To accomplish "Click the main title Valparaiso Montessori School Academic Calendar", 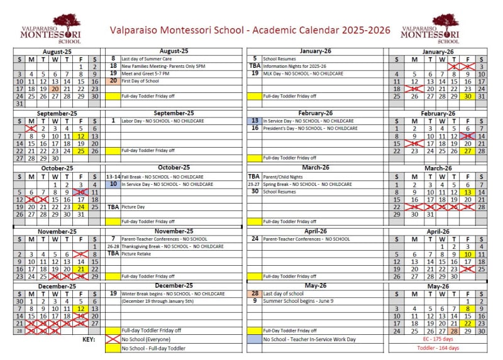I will pyautogui.click(x=250, y=30).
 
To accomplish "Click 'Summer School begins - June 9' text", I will pyautogui.click(x=289, y=301).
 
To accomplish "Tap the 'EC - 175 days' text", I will pyautogui.click(x=439, y=339).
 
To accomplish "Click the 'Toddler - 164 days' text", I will pyautogui.click(x=439, y=348).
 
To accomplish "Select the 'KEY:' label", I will pyautogui.click(x=89, y=339).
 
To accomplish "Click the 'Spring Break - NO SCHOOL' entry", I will pyautogui.click(x=307, y=184).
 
